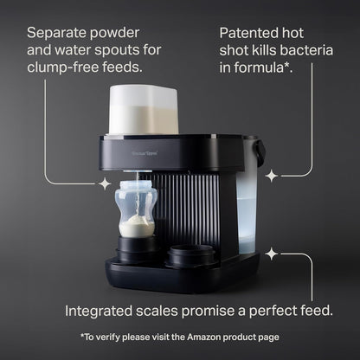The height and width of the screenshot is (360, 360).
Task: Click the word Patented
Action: pos(249,32)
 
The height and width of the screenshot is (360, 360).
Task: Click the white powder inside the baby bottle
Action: pos(136,227)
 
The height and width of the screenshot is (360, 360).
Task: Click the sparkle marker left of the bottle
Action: pos(105,183)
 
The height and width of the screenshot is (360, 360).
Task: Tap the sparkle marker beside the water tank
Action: pos(271,176)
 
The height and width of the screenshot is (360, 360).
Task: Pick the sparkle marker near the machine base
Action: pos(271,254)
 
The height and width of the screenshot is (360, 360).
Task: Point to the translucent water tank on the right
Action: pos(247,208)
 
